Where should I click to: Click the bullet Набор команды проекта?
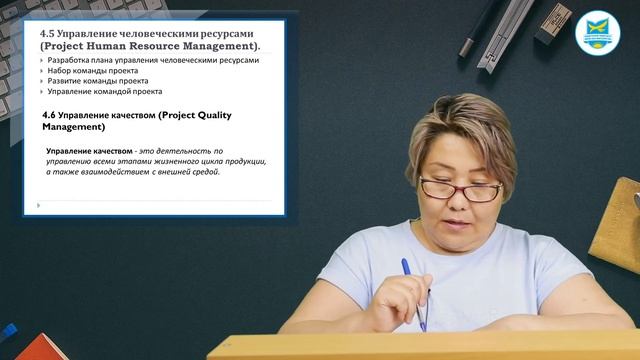[x=96, y=71]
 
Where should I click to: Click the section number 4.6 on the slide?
[x=52, y=115]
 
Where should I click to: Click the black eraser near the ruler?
[x=552, y=22]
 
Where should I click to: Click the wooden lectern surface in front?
[x=420, y=345]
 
